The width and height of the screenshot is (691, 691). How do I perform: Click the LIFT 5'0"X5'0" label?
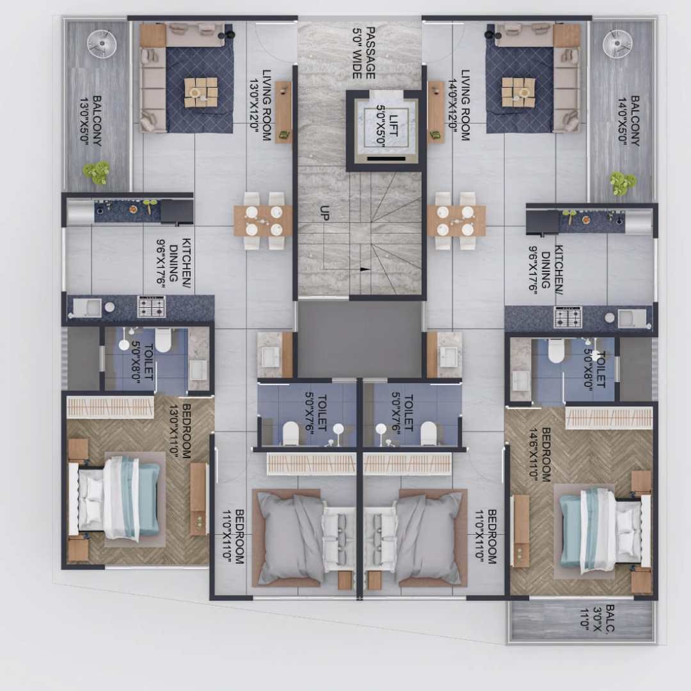click(x=387, y=125)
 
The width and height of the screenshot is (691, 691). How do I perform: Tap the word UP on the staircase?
click(x=325, y=213)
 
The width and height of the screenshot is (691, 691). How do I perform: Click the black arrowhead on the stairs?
click(x=365, y=269)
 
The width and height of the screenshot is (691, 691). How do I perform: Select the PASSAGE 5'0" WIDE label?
click(x=364, y=53)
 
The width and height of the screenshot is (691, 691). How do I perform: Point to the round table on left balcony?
click(x=102, y=44)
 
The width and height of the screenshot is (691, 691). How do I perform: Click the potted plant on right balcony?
click(x=623, y=182)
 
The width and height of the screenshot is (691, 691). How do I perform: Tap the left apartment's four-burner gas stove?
click(x=152, y=306)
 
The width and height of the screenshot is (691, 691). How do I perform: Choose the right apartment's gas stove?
click(x=568, y=317)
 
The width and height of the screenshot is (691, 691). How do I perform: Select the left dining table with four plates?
click(x=263, y=221)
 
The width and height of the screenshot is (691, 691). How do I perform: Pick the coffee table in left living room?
click(x=201, y=93)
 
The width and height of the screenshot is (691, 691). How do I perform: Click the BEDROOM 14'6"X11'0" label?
click(x=540, y=454)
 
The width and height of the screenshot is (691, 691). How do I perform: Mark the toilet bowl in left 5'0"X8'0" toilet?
click(x=163, y=340)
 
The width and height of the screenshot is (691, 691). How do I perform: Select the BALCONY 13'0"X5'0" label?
click(x=91, y=120)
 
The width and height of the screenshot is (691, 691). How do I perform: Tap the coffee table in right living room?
click(x=518, y=93)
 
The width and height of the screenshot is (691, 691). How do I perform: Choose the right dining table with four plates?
click(x=456, y=221)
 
